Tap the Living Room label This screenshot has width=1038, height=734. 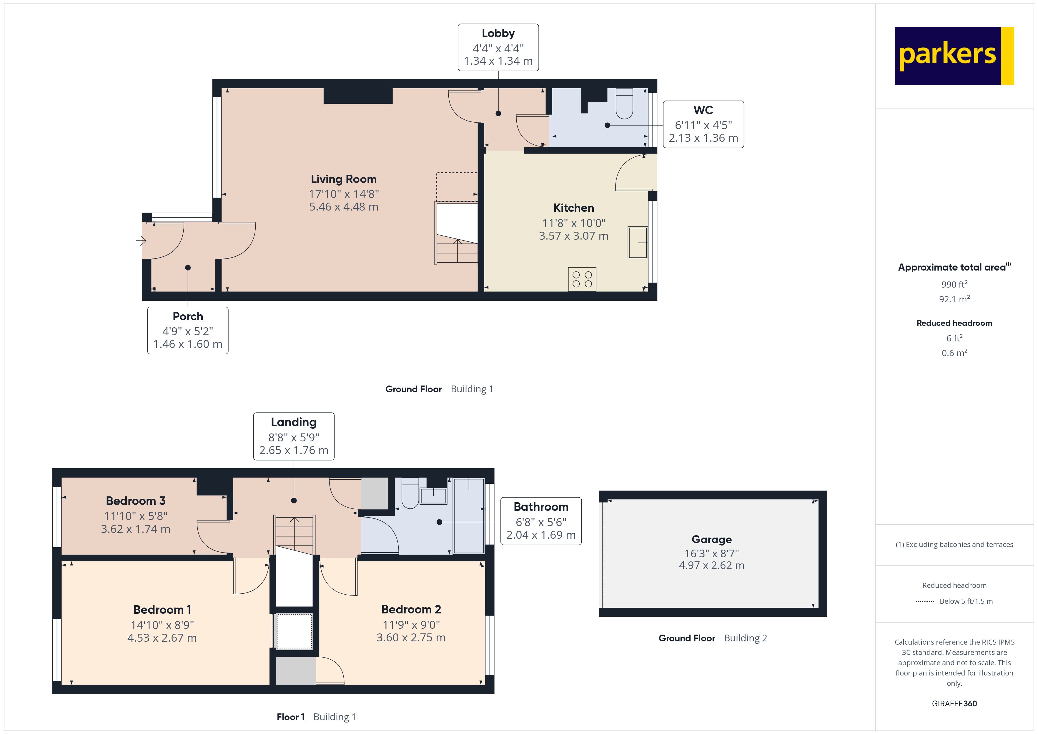click(x=344, y=179)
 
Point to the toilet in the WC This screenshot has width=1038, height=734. click(x=624, y=104)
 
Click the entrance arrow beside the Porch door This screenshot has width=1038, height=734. click(x=141, y=241)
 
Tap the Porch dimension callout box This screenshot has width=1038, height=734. click(x=188, y=331)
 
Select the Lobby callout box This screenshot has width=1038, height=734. click(x=498, y=47)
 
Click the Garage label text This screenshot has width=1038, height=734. click(x=712, y=539)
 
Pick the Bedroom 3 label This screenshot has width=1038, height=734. click(x=136, y=501)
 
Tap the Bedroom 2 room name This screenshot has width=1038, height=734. click(x=411, y=609)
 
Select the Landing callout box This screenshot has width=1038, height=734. click(x=294, y=436)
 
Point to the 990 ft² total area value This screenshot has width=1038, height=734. click(x=954, y=284)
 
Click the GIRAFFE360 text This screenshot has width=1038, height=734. click(x=954, y=704)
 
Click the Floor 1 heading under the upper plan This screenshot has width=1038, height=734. click(x=290, y=717)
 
